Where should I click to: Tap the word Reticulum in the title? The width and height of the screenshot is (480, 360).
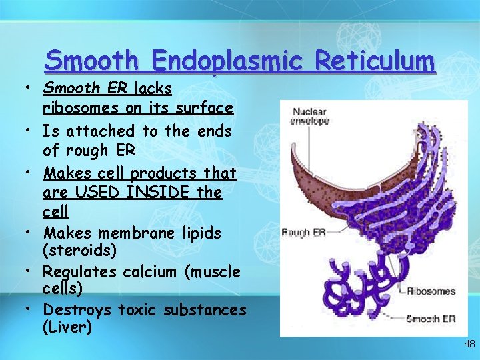(x=375, y=61)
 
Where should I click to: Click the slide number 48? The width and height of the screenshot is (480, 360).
(x=469, y=344)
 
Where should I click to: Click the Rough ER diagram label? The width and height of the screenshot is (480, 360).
(x=303, y=232)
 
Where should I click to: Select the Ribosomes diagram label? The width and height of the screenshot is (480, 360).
(x=432, y=291)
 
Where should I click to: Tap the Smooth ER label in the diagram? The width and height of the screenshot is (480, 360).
(x=431, y=319)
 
